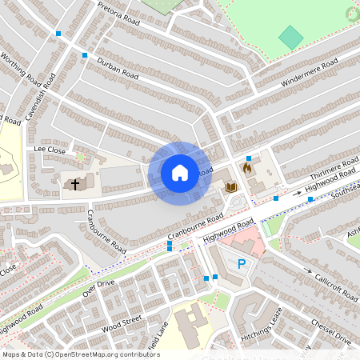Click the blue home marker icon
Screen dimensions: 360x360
pyautogui.click(x=180, y=173)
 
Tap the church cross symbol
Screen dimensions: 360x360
pyautogui.click(x=75, y=185)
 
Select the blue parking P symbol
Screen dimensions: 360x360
pyautogui.click(x=242, y=264)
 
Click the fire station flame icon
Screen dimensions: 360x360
pyautogui.click(x=247, y=170)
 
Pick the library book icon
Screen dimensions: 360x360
pyautogui.click(x=231, y=187)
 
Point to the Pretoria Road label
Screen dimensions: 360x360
pyautogui.click(x=118, y=14)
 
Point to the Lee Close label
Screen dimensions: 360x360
pyautogui.click(x=50, y=149)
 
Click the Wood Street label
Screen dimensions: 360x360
pyautogui.click(x=122, y=322)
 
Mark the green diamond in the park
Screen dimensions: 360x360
pyautogui.click(x=291, y=38)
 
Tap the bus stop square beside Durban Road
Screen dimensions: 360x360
pyautogui.click(x=84, y=54)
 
